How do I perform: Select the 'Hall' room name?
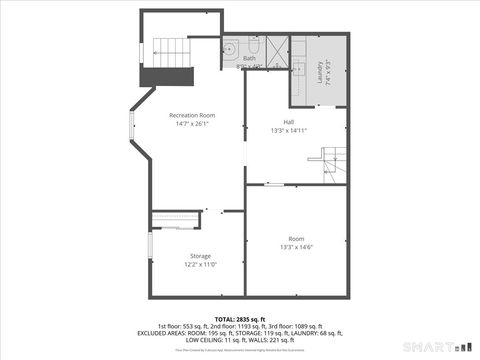coord(288,120)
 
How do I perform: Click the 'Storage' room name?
coord(200,255)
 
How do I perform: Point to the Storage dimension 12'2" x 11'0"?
coord(200,265)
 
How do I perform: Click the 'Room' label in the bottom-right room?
coord(296,238)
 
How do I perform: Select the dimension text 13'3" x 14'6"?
coord(296,248)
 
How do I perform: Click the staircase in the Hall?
coord(333,160)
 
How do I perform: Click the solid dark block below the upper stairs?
coord(165,78)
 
